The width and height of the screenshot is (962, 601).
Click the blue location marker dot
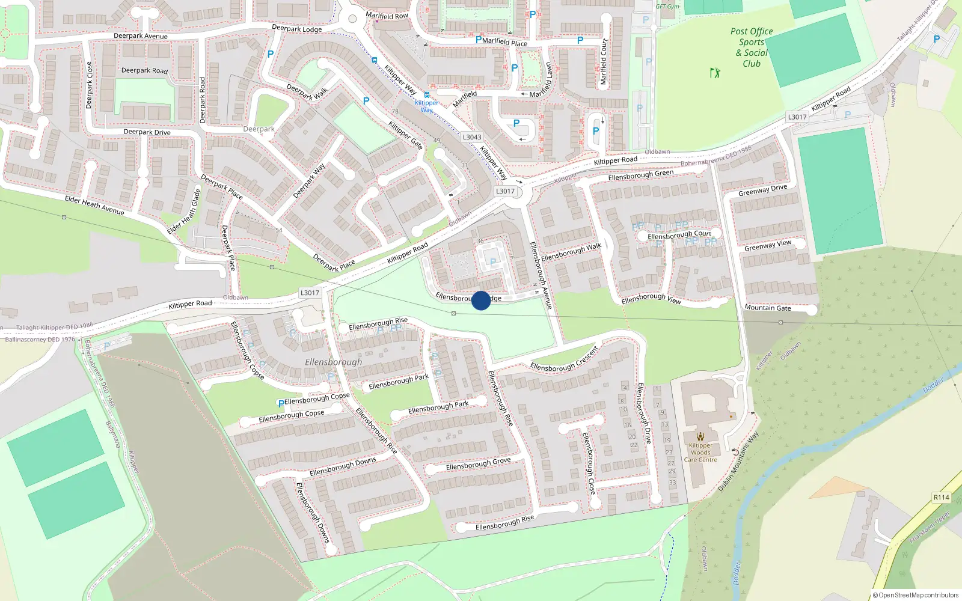(481, 300)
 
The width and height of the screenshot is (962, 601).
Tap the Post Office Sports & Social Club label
(752, 47)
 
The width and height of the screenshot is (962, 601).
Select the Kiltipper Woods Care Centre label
(700, 453)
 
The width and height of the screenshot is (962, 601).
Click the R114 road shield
(941, 497)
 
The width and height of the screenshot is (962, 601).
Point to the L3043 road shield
(472, 137)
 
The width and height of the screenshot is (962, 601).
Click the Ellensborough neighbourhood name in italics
(334, 362)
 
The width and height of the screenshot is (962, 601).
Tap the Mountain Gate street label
(768, 308)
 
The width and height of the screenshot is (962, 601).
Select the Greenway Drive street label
(762, 191)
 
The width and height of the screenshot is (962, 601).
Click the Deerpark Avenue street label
(141, 36)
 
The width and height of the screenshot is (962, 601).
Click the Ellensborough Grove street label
(478, 464)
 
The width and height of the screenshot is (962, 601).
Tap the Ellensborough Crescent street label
(564, 359)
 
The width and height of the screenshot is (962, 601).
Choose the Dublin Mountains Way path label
(739, 462)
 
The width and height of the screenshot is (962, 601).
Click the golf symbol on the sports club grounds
(715, 73)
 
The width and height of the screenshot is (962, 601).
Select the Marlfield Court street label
(604, 62)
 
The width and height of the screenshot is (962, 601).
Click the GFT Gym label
(667, 7)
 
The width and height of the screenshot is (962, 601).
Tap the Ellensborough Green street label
(640, 175)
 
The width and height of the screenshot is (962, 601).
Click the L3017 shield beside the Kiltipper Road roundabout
(505, 191)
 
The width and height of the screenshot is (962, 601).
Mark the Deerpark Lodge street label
(296, 28)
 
